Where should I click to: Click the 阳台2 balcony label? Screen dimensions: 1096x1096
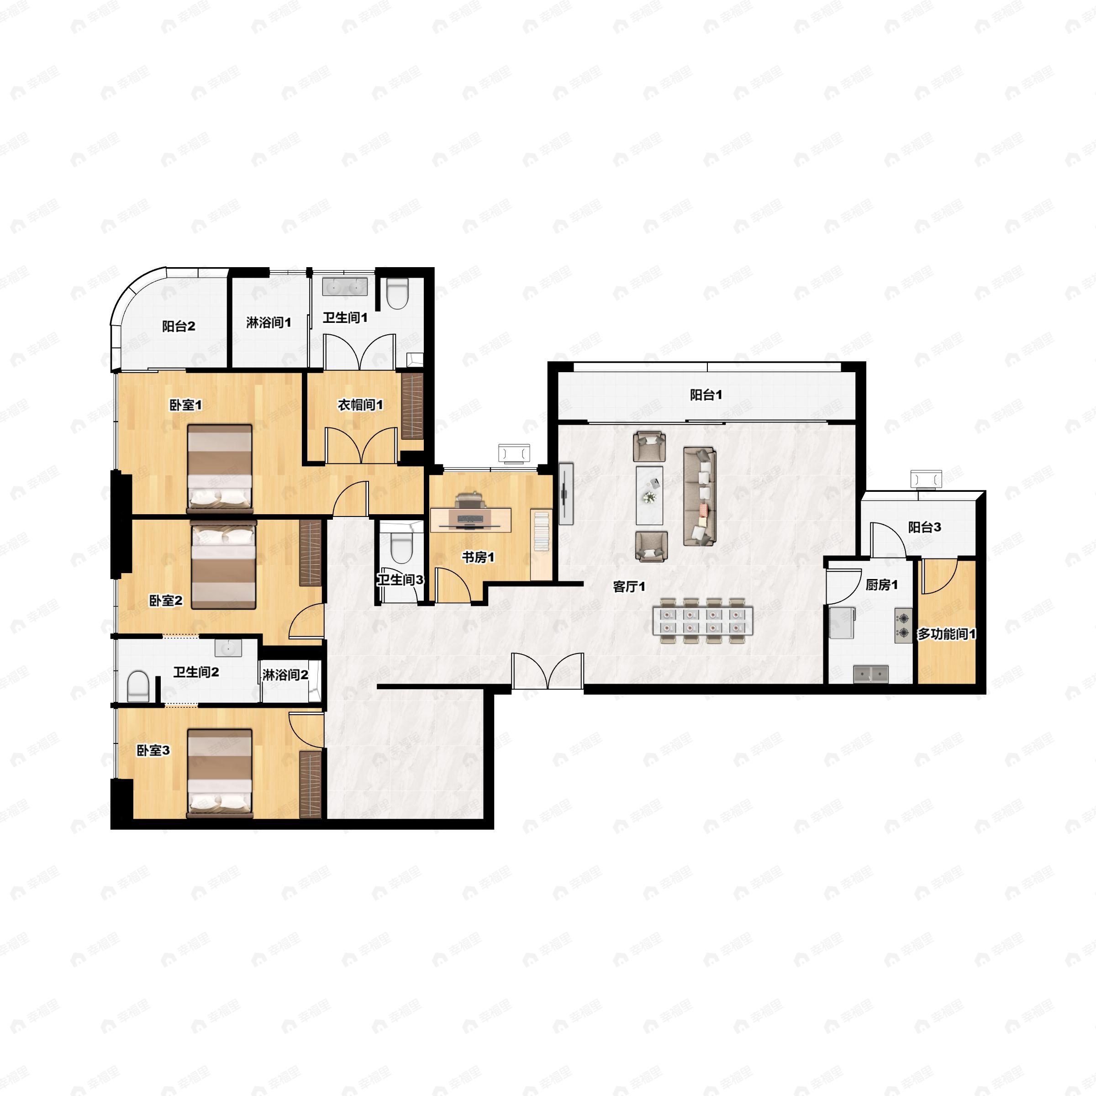click(x=179, y=326)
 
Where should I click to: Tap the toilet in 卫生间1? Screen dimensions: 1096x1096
click(x=397, y=293)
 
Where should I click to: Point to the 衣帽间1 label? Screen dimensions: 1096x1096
click(x=360, y=405)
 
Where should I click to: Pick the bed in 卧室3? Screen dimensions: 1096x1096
click(x=220, y=773)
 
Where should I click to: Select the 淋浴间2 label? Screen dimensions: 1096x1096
click(x=285, y=675)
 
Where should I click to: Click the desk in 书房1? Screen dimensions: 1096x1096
click(x=471, y=519)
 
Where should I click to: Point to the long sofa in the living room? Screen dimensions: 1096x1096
click(x=700, y=496)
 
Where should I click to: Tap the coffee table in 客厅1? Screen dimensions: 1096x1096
click(x=649, y=495)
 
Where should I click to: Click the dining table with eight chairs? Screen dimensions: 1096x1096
click(x=703, y=620)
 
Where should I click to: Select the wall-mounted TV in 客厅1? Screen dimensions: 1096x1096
click(x=566, y=494)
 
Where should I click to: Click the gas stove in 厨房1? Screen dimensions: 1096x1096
click(x=904, y=626)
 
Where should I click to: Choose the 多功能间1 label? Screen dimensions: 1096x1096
click(x=947, y=634)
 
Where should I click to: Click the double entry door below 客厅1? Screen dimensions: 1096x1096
click(x=548, y=671)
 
